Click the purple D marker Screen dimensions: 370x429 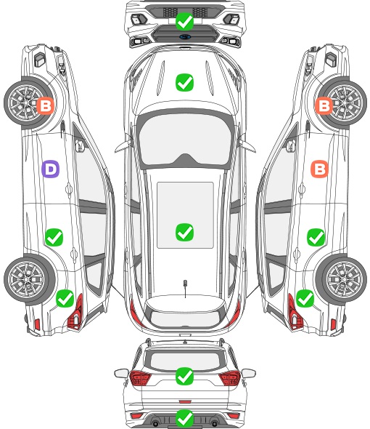click(x=50, y=169)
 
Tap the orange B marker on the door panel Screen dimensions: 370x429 click(x=320, y=169)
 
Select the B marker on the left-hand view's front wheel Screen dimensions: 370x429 click(x=45, y=105)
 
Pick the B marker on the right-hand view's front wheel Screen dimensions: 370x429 click(x=324, y=105)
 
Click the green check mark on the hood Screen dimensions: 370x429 click(x=184, y=82)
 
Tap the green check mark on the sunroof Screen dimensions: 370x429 click(x=184, y=232)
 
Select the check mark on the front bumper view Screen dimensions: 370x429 click(x=184, y=21)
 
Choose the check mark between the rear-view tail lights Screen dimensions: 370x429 click(x=184, y=376)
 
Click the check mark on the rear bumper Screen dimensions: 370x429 click(x=184, y=418)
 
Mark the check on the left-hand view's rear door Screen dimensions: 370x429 click(x=54, y=237)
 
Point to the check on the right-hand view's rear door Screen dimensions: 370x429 click(x=316, y=237)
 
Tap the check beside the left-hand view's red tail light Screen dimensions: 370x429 click(x=65, y=298)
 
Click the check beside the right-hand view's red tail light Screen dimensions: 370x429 click(x=305, y=298)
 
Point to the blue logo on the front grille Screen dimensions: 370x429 click(x=185, y=37)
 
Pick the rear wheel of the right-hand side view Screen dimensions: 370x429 click(x=341, y=280)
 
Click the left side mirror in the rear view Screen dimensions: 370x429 click(x=121, y=373)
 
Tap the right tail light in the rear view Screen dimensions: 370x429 click(x=229, y=378)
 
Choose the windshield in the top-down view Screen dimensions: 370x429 click(x=185, y=140)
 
